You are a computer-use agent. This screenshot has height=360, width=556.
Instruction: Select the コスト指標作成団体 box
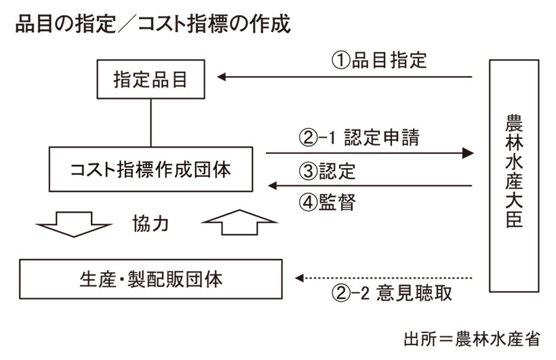151,169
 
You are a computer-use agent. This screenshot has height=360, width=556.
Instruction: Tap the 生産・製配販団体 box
151,278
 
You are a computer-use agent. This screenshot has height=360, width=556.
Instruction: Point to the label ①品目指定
379,60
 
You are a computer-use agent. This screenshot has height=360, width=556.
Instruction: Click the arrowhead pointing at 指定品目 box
222,77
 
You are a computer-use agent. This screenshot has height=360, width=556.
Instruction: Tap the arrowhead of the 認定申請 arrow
466,153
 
